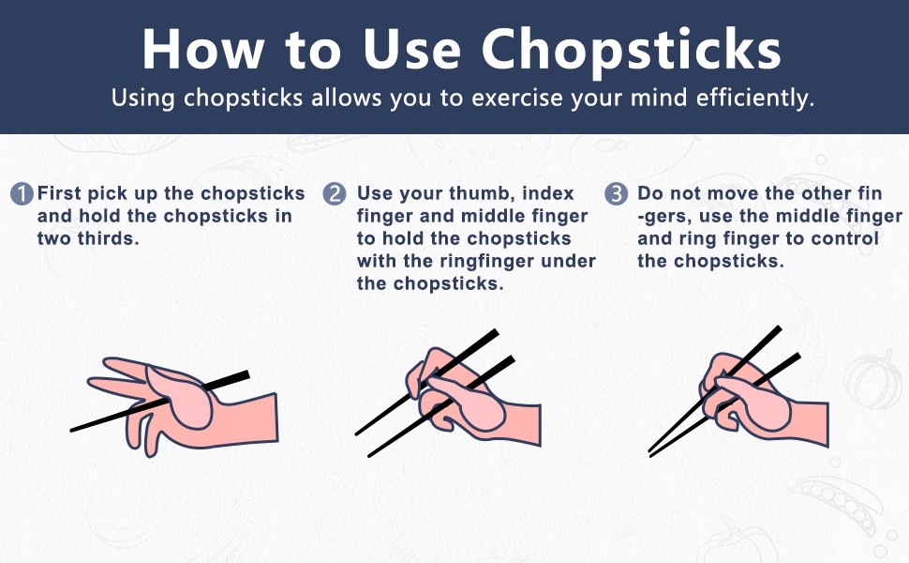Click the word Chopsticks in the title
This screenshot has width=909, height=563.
[x=631, y=49]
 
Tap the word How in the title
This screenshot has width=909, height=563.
[x=203, y=49]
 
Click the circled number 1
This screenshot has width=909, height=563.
[x=22, y=194]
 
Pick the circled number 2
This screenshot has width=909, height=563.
[x=335, y=194]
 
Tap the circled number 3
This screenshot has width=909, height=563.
[x=617, y=194]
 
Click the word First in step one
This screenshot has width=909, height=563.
[x=59, y=193]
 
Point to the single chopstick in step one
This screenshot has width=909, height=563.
[x=160, y=401]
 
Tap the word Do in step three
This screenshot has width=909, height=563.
[x=649, y=193]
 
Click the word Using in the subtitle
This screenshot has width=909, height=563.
[x=142, y=99]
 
